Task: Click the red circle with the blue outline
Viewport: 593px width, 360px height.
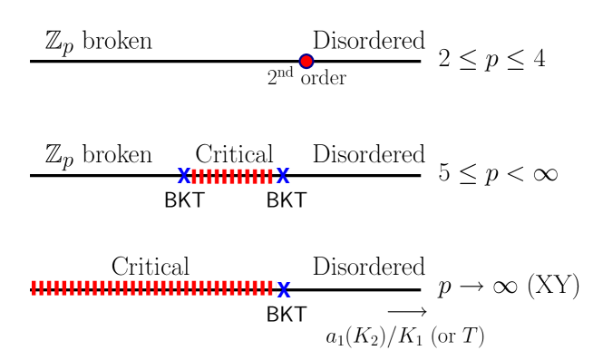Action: click(x=306, y=62)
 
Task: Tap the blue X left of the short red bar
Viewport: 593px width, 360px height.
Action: click(x=184, y=175)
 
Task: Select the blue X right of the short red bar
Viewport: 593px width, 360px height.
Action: click(x=283, y=175)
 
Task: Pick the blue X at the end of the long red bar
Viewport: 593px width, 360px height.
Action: click(x=284, y=289)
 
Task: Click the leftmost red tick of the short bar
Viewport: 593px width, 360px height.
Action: click(x=194, y=176)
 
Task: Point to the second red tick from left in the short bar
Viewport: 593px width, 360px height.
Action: click(x=201, y=176)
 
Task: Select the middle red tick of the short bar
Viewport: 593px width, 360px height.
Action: click(x=232, y=176)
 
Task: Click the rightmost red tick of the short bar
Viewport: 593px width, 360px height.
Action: click(x=270, y=176)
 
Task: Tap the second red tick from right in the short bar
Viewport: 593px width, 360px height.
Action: click(x=262, y=176)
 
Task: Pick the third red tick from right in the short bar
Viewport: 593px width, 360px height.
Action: click(x=255, y=176)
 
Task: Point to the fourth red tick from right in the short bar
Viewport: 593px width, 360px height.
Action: click(x=247, y=176)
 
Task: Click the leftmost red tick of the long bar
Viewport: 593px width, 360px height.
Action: click(x=34, y=287)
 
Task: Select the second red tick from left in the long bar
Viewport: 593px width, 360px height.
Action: click(x=42, y=287)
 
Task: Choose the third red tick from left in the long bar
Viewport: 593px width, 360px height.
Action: click(x=49, y=287)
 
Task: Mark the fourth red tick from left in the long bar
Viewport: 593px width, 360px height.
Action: click(x=57, y=287)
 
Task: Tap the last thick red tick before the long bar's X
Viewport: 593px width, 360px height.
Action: click(x=269, y=287)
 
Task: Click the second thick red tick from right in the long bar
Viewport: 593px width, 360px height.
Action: click(x=262, y=287)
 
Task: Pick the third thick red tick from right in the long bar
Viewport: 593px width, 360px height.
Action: click(x=254, y=287)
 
